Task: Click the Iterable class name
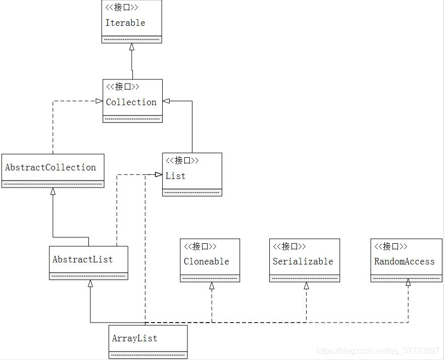click(125, 23)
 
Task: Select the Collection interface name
click(131, 102)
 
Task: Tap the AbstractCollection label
click(51, 167)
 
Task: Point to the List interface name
click(175, 176)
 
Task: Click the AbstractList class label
click(82, 259)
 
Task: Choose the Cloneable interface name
click(206, 261)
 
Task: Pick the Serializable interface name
click(303, 261)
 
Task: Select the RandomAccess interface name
click(404, 261)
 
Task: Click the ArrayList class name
click(134, 338)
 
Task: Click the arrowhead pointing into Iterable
click(132, 47)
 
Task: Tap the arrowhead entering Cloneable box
click(212, 286)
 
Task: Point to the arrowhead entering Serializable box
click(306, 286)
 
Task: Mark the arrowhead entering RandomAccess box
click(408, 282)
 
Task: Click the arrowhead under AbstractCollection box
click(53, 192)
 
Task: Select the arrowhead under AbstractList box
click(90, 284)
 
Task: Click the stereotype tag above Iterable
click(122, 8)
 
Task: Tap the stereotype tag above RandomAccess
click(390, 246)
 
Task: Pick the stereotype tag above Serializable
click(289, 246)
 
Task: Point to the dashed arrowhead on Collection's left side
click(99, 101)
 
